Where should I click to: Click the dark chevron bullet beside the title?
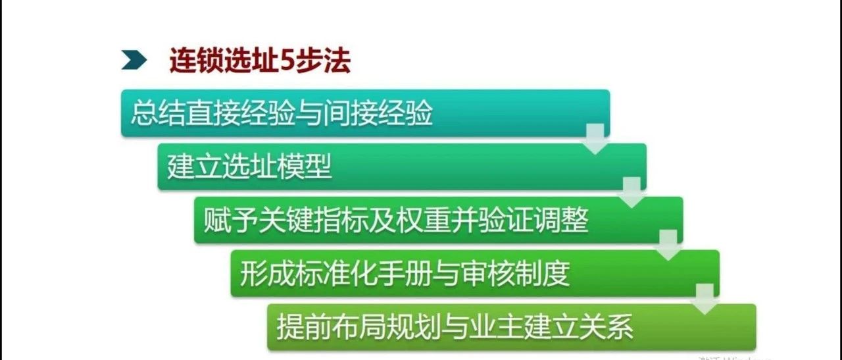[134, 60]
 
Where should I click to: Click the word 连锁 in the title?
[197, 60]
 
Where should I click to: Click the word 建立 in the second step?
[194, 167]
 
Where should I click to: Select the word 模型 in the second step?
[304, 167]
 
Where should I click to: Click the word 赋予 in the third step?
[231, 220]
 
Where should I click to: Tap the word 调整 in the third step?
[561, 220]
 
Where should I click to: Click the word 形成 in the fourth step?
[268, 274]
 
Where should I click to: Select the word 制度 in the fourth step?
[543, 274]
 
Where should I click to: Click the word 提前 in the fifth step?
[304, 327]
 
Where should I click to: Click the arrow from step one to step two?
[595, 138]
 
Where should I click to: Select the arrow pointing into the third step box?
[632, 192]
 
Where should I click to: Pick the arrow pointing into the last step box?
[705, 299]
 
